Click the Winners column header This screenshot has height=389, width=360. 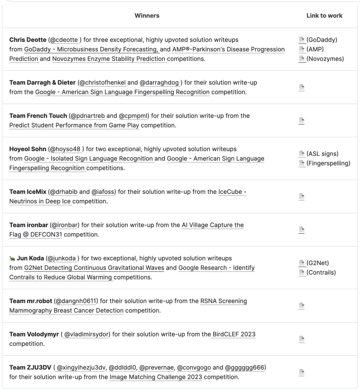click(x=147, y=15)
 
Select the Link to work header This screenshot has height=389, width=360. click(x=324, y=15)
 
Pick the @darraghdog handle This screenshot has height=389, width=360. click(x=159, y=83)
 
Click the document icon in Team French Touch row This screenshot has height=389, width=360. click(x=301, y=121)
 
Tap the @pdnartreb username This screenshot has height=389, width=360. click(x=88, y=116)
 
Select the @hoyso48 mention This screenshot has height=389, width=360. click(x=65, y=149)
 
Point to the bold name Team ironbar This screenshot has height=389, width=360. click(x=29, y=225)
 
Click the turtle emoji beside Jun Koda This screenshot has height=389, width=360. click(x=12, y=259)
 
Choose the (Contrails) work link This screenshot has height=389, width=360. click(x=321, y=272)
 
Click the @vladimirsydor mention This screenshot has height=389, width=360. click(x=87, y=334)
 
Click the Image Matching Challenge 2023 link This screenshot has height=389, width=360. click(x=156, y=377)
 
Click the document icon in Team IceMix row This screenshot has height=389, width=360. click(x=301, y=197)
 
